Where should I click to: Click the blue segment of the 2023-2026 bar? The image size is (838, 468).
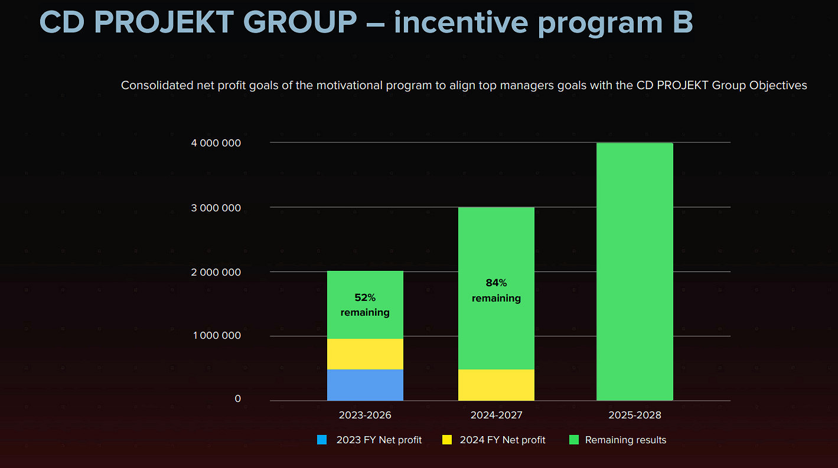point(365,385)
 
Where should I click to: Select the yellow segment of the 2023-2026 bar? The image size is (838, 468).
point(365,354)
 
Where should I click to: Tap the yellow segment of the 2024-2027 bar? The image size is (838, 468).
point(496,385)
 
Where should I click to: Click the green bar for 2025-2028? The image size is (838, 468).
point(635,271)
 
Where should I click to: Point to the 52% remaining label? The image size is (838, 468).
point(365,305)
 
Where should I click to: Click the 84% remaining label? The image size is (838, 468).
point(496,291)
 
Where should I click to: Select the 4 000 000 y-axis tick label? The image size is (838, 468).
point(217,143)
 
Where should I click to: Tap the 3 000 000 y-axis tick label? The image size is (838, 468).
point(217,208)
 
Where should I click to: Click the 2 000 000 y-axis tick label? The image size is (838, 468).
point(217,272)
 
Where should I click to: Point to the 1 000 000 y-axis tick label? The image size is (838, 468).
point(217,336)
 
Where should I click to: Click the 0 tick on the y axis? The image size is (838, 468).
point(237,399)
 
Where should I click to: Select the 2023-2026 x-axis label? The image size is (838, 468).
point(365,415)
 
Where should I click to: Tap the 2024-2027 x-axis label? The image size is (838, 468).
point(496,415)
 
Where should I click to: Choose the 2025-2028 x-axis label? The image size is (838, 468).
point(635,415)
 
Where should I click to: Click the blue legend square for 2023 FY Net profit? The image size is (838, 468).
point(322,440)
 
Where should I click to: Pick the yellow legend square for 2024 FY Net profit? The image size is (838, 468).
point(447,440)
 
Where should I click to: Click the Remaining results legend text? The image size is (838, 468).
point(625,440)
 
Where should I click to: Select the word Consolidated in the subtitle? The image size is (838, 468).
point(156,86)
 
